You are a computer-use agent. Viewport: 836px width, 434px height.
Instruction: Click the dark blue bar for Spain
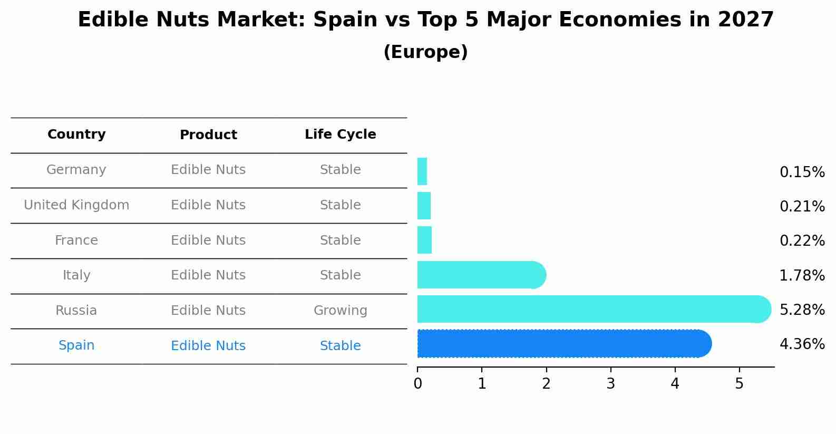point(564,343)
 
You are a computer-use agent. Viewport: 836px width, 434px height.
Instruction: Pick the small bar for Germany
point(422,171)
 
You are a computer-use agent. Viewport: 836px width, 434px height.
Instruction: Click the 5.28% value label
point(802,310)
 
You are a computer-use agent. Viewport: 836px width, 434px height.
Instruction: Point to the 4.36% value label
point(802,344)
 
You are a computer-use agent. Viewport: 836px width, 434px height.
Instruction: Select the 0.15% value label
point(802,172)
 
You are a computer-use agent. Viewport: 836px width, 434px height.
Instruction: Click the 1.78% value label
point(802,275)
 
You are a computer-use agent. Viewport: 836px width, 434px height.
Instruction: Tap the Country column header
point(76,134)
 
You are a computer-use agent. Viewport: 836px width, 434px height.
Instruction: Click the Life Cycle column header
point(340,134)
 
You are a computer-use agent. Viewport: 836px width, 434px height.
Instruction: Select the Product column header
point(208,135)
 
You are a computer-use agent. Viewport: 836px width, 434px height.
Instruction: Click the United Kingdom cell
point(76,205)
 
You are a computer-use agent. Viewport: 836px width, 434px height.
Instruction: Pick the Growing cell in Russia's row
point(340,311)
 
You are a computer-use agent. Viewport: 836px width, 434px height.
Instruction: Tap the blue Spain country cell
point(76,345)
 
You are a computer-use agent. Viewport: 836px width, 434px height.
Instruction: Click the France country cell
point(76,240)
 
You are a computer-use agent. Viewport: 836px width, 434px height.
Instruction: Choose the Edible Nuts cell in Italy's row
point(208,275)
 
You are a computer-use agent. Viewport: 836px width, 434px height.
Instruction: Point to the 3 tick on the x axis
point(610,384)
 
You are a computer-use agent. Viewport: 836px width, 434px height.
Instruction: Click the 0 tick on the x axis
point(417,384)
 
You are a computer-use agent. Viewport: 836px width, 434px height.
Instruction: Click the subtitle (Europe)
point(425,52)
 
